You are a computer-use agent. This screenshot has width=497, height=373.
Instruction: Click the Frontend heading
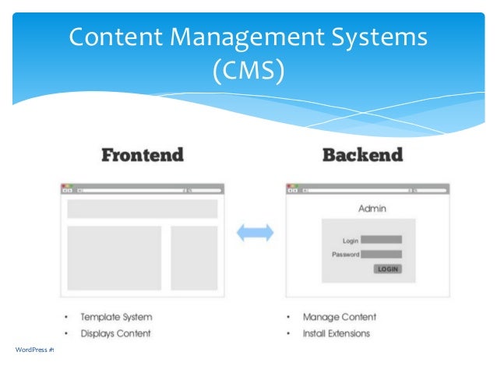point(143,155)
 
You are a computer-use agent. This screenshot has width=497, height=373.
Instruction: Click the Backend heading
point(362,155)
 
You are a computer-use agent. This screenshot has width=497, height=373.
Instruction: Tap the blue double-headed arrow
point(255,232)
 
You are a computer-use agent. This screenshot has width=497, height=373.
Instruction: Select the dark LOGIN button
point(387,269)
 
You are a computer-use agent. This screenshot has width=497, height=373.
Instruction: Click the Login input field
point(381,240)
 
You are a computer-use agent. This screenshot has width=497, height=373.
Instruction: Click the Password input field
point(381,254)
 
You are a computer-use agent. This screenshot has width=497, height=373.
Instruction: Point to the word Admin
point(372,209)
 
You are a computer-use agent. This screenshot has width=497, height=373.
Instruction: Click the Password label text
point(345,255)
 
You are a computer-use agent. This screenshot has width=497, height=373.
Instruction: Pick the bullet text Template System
point(116,317)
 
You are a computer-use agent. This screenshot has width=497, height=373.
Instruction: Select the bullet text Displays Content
point(115,333)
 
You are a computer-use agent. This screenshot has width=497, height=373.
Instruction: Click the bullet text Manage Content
point(339,317)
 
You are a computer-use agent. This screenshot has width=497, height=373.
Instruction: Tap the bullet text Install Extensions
point(337,333)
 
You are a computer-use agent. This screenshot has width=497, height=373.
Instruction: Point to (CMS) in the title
point(248,71)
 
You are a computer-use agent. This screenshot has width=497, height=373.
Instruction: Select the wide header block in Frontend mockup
point(143,209)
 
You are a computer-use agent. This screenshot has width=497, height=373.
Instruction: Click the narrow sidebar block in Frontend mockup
point(194,258)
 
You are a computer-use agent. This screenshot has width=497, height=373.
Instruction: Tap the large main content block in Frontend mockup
point(114,258)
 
